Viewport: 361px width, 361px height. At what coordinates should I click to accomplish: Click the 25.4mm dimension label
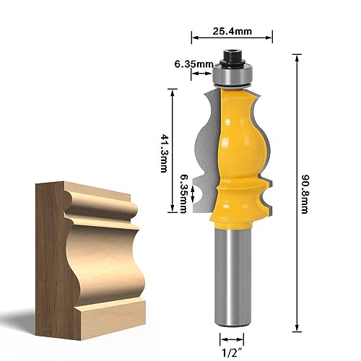(x=232, y=31)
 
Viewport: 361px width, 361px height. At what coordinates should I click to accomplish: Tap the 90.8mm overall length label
(x=305, y=194)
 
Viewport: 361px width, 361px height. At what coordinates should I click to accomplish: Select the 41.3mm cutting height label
(x=164, y=153)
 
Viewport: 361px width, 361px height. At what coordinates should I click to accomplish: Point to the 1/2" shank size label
(x=232, y=353)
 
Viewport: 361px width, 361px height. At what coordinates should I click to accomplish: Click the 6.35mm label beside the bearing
(x=194, y=64)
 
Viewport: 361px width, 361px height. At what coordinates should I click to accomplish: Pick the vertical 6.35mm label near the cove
(x=183, y=193)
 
